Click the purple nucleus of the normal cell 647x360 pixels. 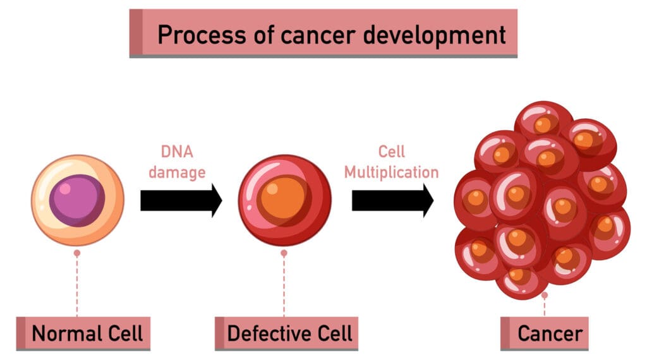pos(77,200)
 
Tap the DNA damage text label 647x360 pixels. pos(178,162)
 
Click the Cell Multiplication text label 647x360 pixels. pos(392,162)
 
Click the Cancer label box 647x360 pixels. pos(545,333)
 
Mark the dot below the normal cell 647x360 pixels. pos(77,253)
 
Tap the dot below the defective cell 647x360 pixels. pos(284,253)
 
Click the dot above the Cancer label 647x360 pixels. pos(544,295)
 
